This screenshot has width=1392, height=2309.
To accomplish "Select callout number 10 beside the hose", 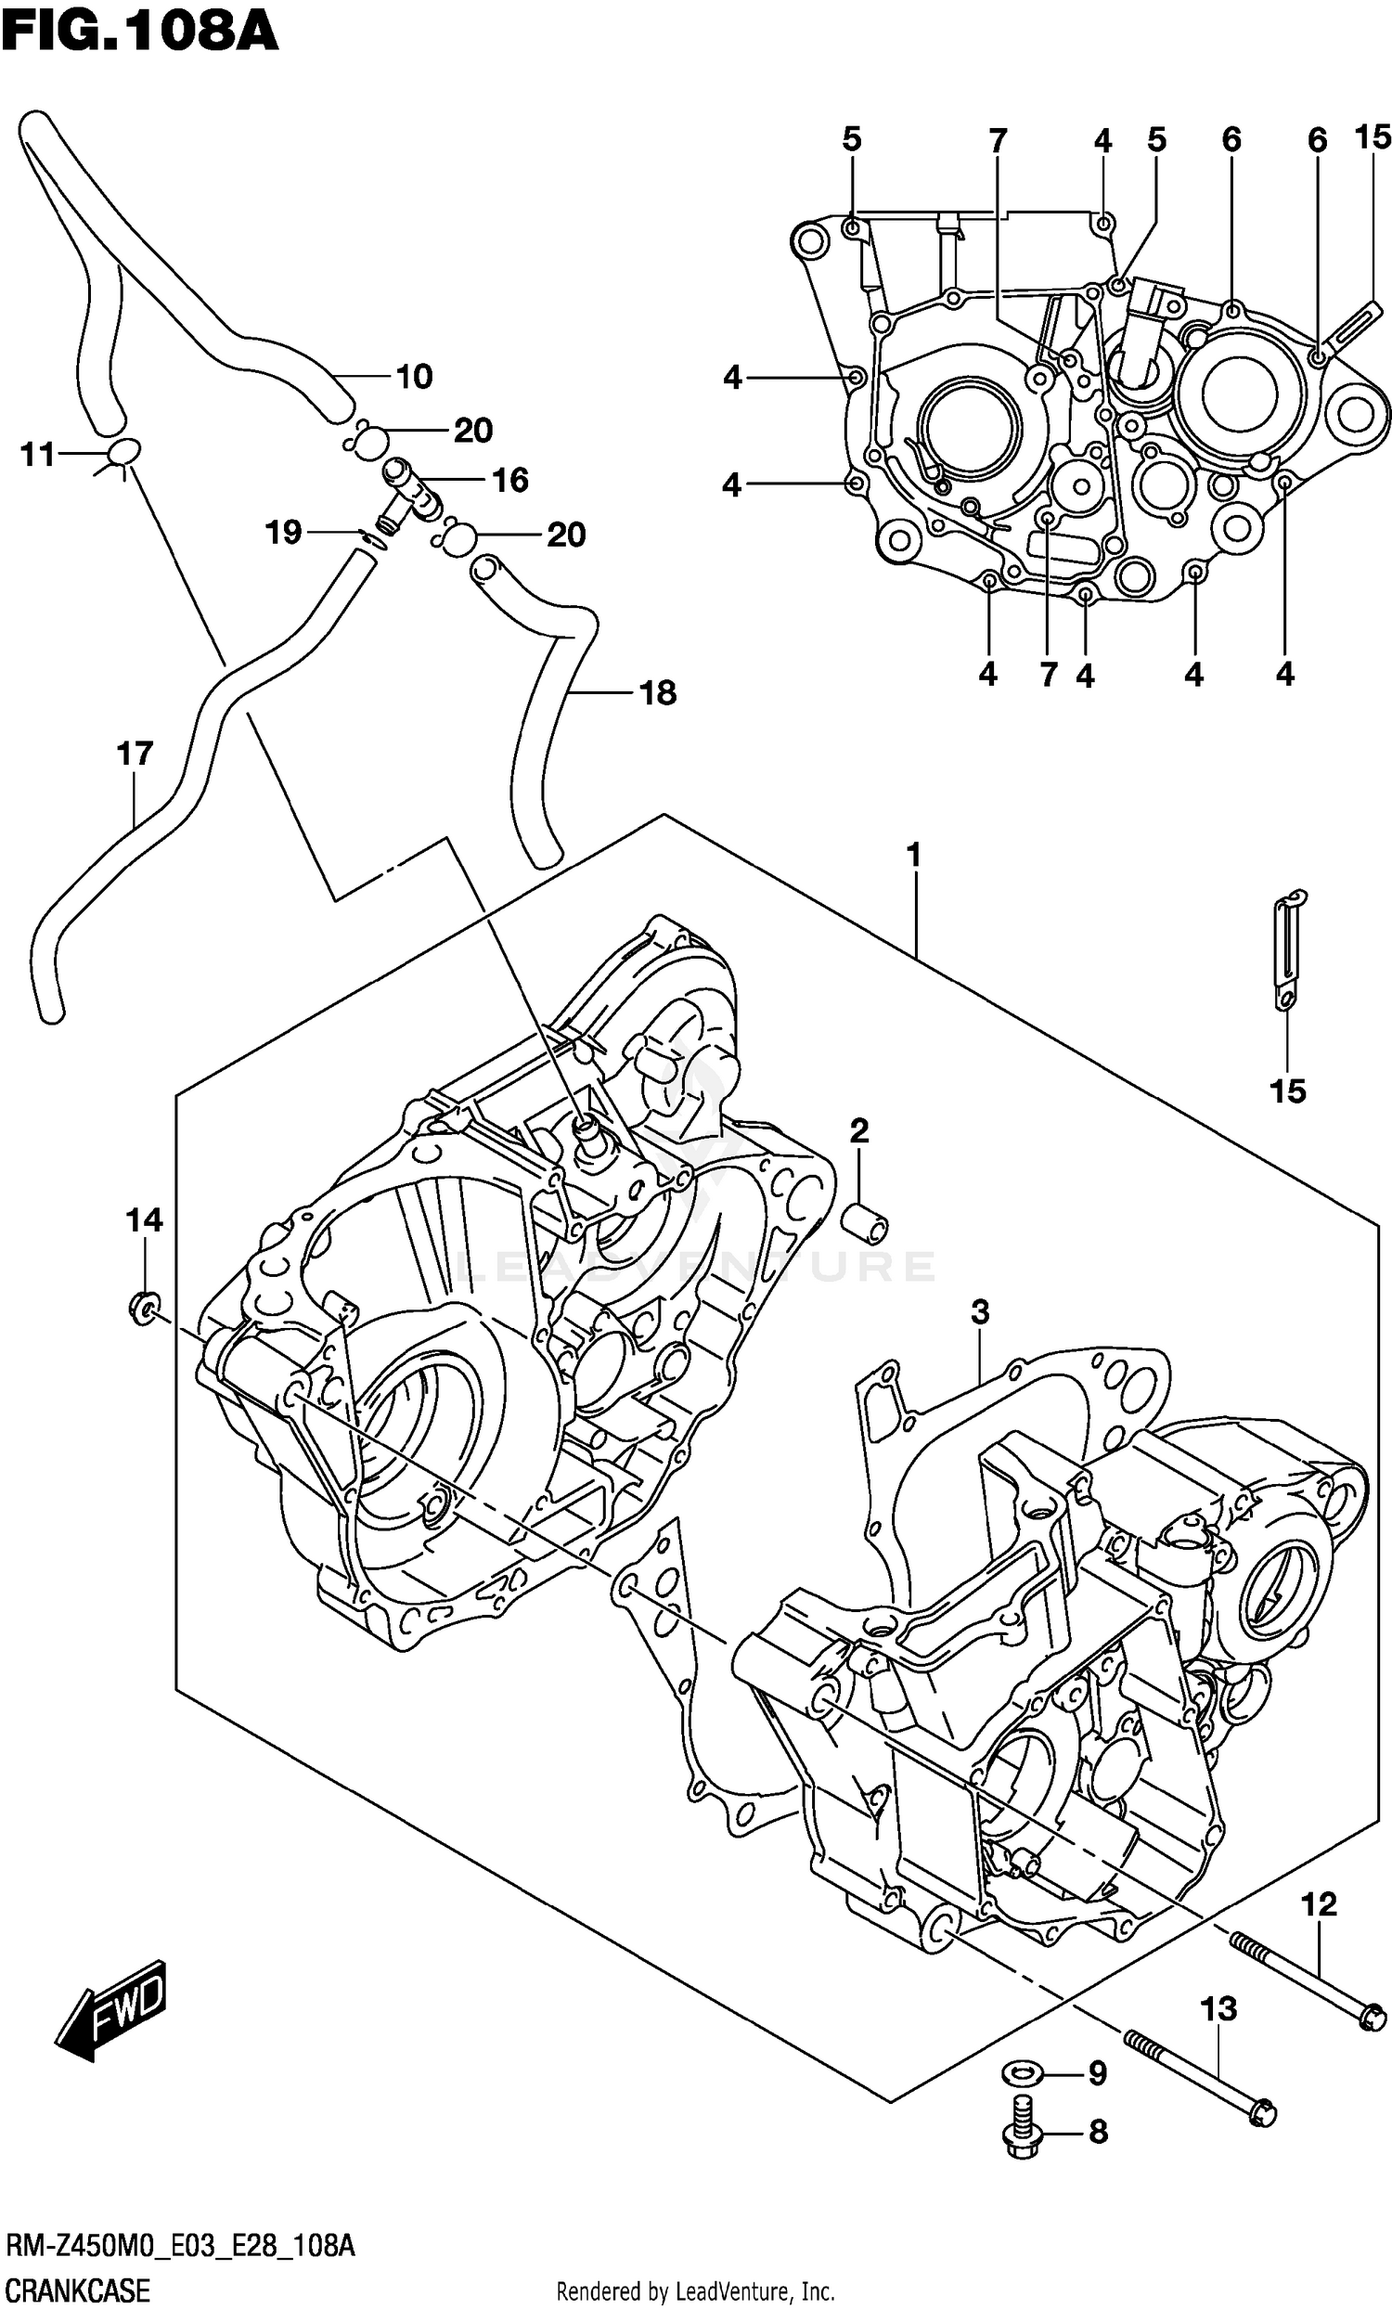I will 414,377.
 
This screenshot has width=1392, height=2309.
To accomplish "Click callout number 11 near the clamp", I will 38,455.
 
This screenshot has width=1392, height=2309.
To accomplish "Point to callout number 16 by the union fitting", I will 510,480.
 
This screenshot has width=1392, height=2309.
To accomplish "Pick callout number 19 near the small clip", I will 283,533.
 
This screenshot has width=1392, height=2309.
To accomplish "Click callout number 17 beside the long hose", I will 135,754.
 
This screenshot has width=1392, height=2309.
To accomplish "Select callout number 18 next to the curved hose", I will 658,693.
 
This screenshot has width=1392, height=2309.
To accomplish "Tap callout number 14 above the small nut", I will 144,1219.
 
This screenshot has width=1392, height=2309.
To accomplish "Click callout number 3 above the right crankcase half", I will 980,1313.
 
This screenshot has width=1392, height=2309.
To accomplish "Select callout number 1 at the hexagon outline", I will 913,855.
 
